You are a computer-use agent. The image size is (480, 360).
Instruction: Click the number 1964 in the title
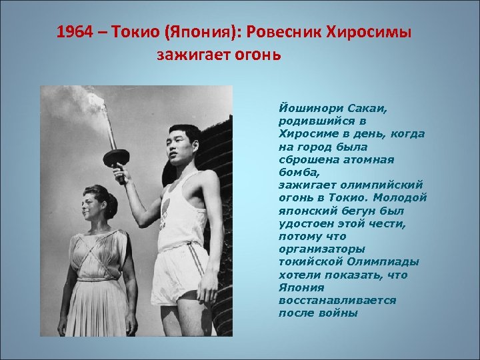click(72, 33)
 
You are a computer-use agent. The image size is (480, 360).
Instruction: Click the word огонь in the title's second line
click(258, 54)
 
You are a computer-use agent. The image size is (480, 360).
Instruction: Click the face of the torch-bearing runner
click(181, 147)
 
